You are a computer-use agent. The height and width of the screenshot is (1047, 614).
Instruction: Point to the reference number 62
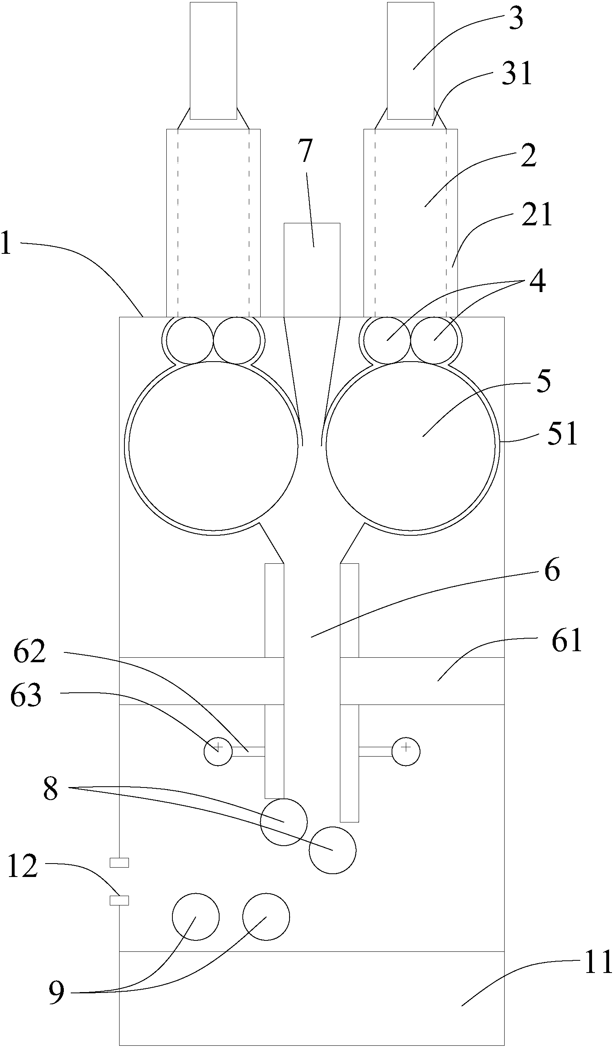coord(29,652)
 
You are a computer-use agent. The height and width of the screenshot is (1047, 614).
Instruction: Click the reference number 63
coord(26,695)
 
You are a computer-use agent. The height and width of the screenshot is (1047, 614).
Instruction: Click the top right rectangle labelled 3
coord(410,61)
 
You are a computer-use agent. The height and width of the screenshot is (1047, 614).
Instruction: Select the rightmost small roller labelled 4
coord(434,340)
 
